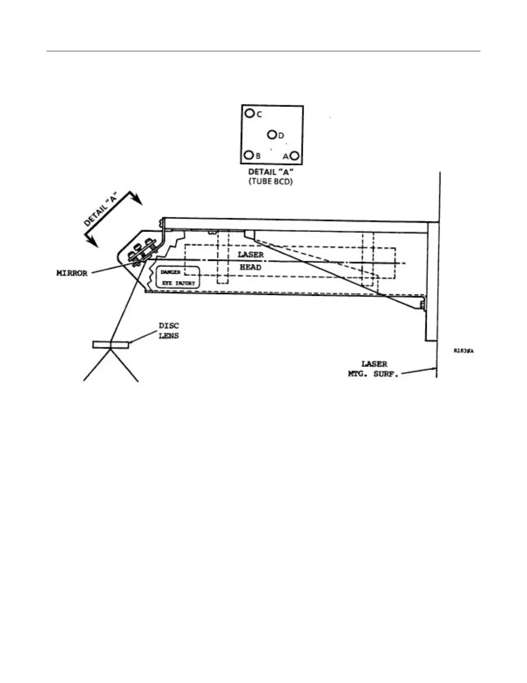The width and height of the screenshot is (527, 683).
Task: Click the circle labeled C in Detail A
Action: (x=249, y=113)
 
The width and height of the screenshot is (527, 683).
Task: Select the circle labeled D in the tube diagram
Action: (x=272, y=135)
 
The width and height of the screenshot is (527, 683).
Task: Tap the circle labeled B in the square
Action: (x=248, y=155)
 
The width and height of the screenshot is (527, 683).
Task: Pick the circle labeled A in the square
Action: (x=295, y=156)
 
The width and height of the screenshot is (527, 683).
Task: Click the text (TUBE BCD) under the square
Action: (x=271, y=182)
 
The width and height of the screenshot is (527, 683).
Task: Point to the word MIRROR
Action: (x=72, y=273)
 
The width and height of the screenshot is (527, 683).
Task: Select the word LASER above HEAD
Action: (x=251, y=254)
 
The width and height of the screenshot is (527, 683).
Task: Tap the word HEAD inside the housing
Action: (x=251, y=267)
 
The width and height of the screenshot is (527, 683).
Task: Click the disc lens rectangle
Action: (x=111, y=345)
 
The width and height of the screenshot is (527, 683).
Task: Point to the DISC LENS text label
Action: (x=169, y=331)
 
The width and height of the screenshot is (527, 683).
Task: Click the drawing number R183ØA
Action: (x=464, y=351)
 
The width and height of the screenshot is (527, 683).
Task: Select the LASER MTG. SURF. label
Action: (x=374, y=369)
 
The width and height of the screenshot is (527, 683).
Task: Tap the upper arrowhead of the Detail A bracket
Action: (x=137, y=200)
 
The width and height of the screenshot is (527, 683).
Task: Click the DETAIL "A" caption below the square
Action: (x=271, y=172)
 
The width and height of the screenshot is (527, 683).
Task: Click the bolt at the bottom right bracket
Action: (x=422, y=305)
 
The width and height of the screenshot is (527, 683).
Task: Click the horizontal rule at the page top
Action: (x=263, y=51)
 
